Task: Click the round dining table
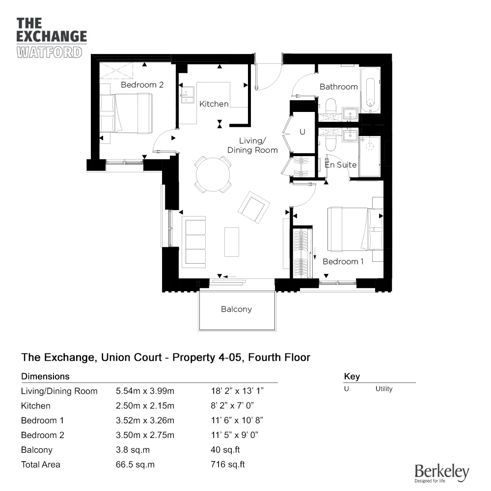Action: pos(213,174)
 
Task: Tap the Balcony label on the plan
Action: pos(237,309)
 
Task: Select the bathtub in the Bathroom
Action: pos(370,90)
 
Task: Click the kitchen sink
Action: pos(187,95)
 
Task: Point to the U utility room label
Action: pos(302,132)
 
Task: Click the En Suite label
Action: pos(341,164)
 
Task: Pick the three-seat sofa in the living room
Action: pos(194,242)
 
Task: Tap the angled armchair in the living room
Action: pos(254,207)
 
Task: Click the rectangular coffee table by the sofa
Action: pos(232,242)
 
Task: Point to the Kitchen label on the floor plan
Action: pos(214,104)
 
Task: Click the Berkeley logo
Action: pos(442,473)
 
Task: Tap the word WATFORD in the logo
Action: pos(50,53)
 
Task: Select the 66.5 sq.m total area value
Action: pos(136,464)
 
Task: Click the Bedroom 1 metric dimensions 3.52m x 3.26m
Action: pos(145,420)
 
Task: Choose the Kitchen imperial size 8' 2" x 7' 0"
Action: pos(232,406)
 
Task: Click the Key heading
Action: pos(352,377)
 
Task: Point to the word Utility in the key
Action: pos(384,389)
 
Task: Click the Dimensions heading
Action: pos(45,377)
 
